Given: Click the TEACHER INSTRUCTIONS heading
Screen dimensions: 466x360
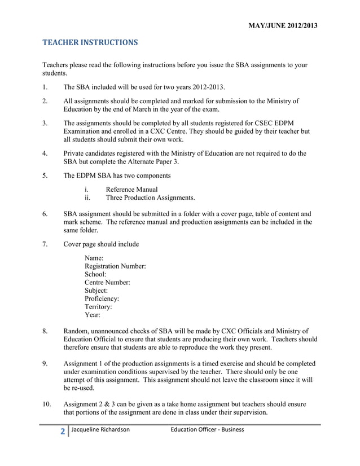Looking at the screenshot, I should tap(90, 42).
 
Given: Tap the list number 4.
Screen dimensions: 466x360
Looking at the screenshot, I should tap(45, 153).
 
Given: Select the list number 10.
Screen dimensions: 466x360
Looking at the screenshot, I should tap(47, 404).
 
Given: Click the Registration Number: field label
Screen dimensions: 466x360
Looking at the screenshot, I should tap(115, 266).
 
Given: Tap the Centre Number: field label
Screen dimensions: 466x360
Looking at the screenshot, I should tap(107, 282).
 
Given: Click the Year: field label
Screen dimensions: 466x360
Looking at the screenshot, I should tap(93, 315).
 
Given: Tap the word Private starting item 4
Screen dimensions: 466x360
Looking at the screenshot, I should tap(76, 153).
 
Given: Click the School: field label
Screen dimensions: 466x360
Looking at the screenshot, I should tap(95, 274).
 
